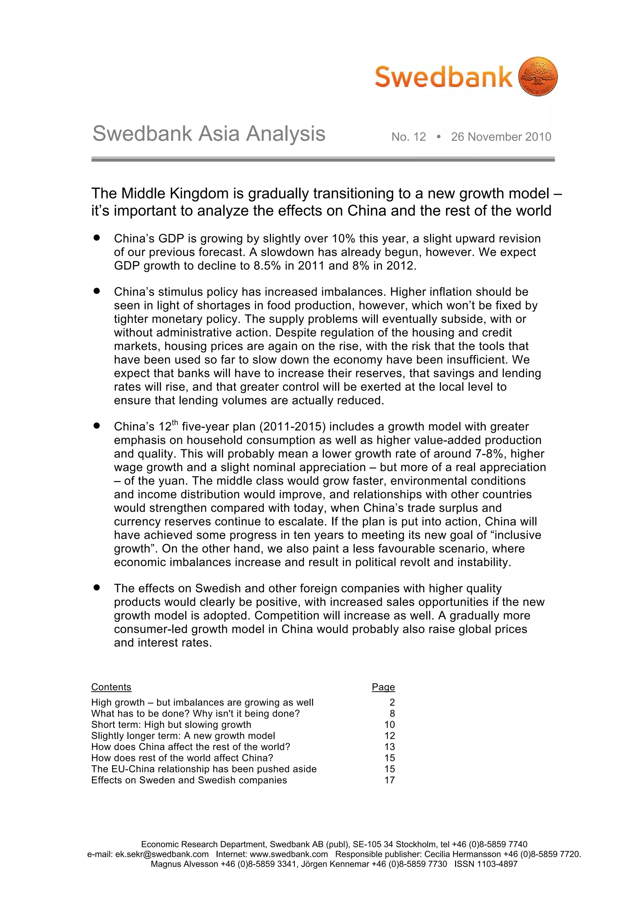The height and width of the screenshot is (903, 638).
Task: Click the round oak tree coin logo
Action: (538, 76)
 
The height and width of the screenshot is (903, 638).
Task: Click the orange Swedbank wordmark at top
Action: (443, 77)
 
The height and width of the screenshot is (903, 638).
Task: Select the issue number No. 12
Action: (408, 137)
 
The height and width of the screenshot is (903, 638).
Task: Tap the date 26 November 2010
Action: (501, 137)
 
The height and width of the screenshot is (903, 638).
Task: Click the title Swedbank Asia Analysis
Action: (209, 133)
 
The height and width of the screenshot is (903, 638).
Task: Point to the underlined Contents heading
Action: (111, 698)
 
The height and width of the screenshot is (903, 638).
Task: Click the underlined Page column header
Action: (383, 698)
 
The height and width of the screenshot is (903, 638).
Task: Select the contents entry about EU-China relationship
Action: (204, 780)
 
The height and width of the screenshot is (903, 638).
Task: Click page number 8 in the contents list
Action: (392, 724)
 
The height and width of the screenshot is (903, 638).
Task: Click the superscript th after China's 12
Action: (175, 423)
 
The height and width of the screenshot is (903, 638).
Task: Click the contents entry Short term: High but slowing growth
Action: (171, 735)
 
